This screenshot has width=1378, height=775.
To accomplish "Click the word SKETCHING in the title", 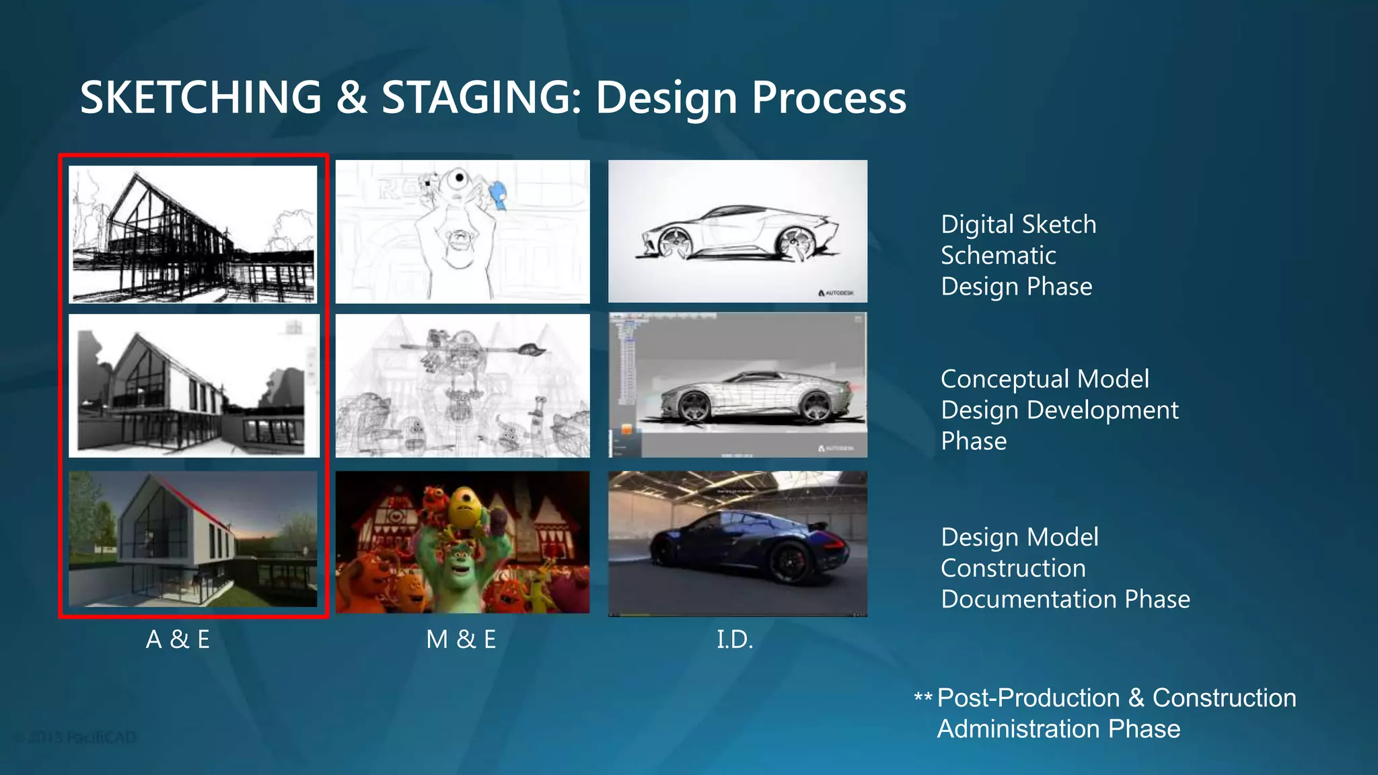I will (201, 98).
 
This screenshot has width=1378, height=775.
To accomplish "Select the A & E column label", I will (178, 639).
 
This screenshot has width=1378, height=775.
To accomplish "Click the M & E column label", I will (461, 639).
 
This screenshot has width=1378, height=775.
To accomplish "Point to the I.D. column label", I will (735, 639).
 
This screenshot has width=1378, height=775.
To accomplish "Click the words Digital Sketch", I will (1018, 225).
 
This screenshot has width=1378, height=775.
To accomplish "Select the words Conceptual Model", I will (1044, 379).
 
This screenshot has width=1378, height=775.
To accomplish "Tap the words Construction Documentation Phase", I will (1065, 584).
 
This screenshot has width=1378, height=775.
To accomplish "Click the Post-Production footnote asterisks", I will (922, 698).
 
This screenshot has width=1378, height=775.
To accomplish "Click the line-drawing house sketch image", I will (193, 234).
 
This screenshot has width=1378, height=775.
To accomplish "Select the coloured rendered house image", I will (193, 539).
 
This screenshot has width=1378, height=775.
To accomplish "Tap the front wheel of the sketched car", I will (674, 243).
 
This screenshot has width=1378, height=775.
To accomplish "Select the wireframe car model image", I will (737, 385).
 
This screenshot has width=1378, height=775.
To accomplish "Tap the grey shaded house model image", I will (193, 386).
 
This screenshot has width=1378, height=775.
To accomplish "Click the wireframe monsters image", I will (462, 386).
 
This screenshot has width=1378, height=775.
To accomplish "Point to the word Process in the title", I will (828, 98).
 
